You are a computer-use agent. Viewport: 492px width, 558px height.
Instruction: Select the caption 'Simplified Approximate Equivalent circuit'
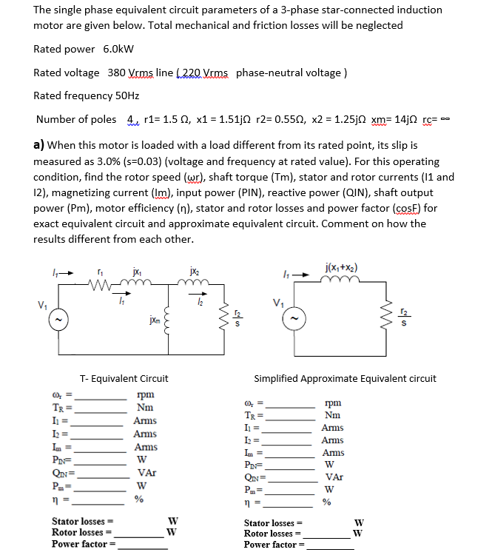(x=345, y=378)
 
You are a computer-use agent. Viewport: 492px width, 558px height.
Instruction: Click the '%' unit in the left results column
(x=138, y=499)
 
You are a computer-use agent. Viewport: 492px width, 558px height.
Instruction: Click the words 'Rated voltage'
(x=67, y=73)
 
